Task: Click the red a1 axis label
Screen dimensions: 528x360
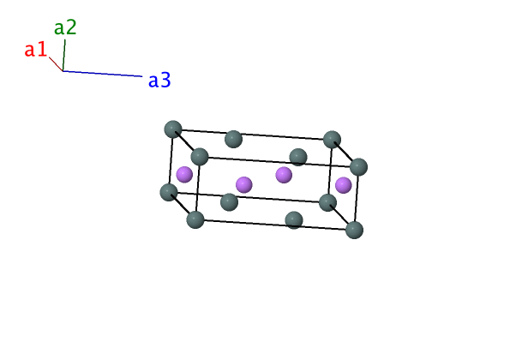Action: click(x=35, y=50)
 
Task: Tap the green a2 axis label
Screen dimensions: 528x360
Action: click(x=65, y=27)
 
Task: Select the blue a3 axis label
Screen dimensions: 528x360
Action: click(x=159, y=81)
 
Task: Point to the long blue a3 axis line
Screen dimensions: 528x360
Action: click(x=102, y=74)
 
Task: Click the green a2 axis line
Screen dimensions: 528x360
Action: click(x=64, y=55)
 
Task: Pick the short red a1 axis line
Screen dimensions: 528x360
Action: click(x=56, y=64)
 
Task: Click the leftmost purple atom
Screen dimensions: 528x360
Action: click(x=184, y=175)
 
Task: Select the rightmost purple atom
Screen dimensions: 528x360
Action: click(x=344, y=185)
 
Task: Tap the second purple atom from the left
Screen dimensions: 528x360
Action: click(x=243, y=185)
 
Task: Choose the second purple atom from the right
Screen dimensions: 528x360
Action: click(x=284, y=175)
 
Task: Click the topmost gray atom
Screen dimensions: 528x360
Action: click(x=173, y=129)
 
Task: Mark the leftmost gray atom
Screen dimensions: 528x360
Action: click(x=169, y=192)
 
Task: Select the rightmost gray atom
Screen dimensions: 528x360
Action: click(x=358, y=167)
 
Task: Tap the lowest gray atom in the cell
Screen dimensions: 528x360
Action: click(x=355, y=231)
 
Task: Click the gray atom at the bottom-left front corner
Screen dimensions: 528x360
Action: click(x=195, y=219)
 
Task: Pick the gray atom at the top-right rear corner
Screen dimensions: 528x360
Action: click(x=332, y=140)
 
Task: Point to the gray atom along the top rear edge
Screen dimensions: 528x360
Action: click(x=233, y=139)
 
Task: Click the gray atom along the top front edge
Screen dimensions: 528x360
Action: click(x=298, y=157)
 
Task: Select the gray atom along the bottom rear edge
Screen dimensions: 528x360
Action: click(x=229, y=202)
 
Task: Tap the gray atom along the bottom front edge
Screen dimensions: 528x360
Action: click(x=294, y=220)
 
